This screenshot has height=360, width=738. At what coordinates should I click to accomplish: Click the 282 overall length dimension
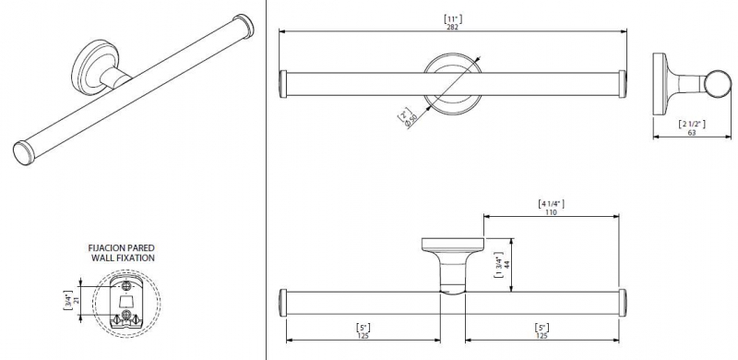[x=452, y=27]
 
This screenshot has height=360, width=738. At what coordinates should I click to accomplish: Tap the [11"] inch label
[x=453, y=19]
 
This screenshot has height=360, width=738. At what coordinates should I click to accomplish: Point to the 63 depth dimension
[x=691, y=133]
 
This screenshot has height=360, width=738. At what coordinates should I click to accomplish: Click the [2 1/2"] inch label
[x=692, y=125]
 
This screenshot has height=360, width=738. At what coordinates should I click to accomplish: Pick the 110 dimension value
[x=551, y=212]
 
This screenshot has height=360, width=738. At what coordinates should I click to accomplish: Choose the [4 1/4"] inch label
[x=551, y=204]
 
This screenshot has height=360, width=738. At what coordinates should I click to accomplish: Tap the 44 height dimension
[x=506, y=264]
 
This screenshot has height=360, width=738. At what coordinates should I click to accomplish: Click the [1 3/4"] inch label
[x=498, y=264]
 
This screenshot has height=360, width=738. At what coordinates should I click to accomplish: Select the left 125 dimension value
[x=363, y=335]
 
